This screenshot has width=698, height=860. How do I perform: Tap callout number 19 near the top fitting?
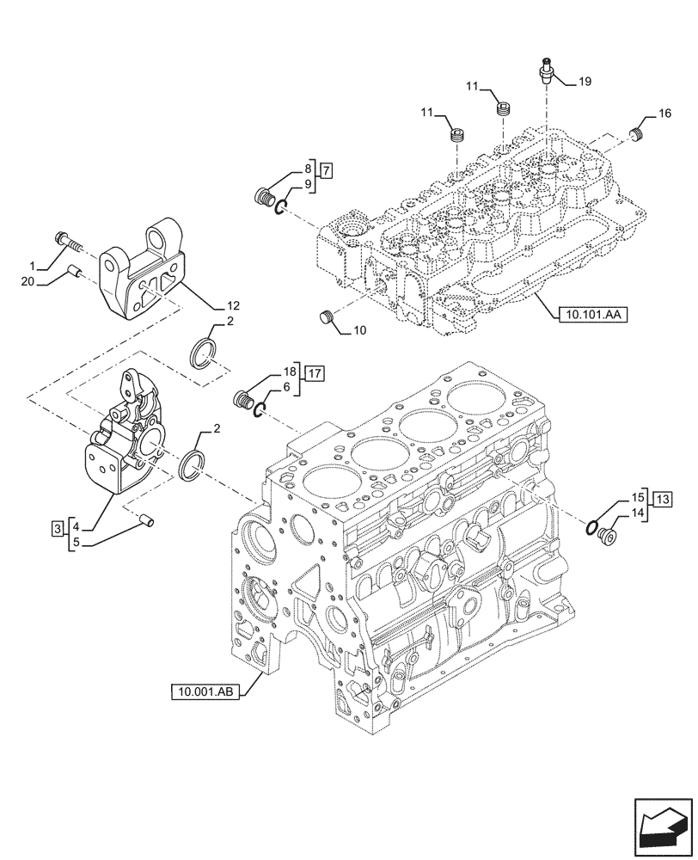tap(585, 82)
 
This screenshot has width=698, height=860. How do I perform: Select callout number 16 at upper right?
tap(664, 113)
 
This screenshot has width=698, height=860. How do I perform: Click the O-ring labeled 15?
tap(591, 527)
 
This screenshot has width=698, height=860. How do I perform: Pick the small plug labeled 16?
tap(637, 133)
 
